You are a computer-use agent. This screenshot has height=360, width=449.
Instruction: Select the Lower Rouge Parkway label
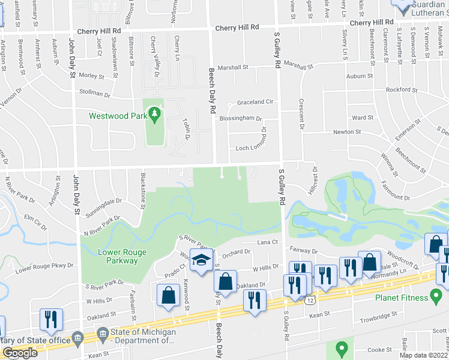point(122,257)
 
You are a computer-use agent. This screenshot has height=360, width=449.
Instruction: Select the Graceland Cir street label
point(255,102)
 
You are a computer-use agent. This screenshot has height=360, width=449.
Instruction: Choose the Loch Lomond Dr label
point(250,148)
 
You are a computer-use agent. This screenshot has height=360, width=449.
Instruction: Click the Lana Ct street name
point(268,242)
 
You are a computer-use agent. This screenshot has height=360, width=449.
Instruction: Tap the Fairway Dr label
point(302,251)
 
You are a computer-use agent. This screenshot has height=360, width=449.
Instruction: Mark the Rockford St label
point(402,90)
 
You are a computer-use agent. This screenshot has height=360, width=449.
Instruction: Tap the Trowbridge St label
point(378,314)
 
